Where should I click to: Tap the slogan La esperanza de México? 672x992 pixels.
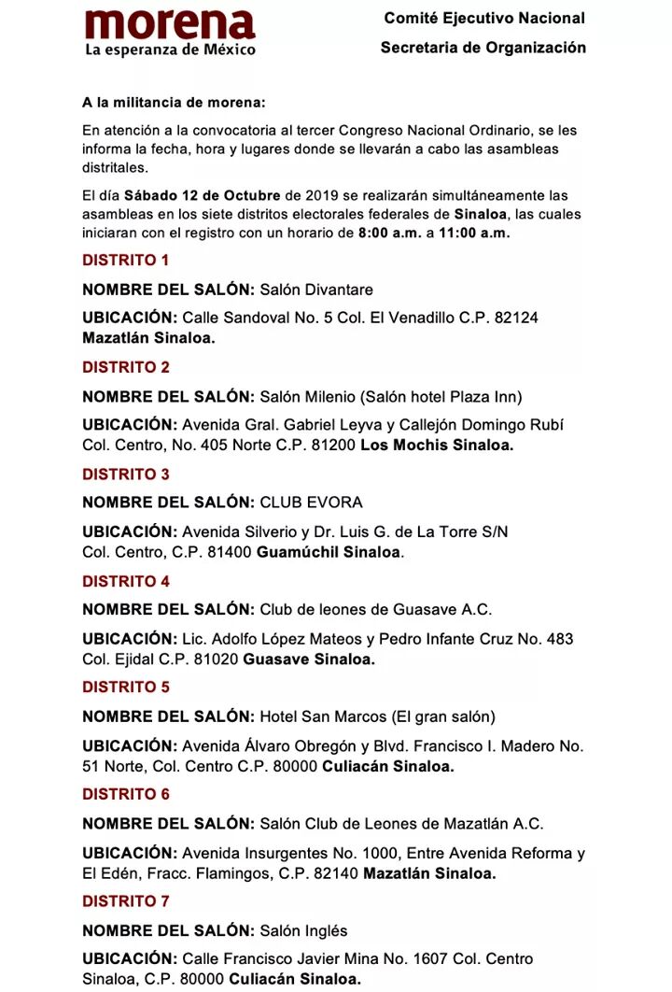pos(170,50)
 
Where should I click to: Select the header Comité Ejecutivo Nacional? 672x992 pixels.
pos(484,18)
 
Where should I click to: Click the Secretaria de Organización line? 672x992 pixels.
pos(483,48)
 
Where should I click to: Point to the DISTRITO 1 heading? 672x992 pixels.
pos(126,261)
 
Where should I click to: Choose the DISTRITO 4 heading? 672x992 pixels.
pos(126,581)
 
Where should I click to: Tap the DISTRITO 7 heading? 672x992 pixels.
pos(126,901)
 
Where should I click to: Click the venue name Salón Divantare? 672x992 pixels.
pos(316,290)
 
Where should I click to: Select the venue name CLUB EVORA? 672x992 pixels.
pos(312,503)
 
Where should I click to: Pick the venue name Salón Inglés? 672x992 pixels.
pos(303,930)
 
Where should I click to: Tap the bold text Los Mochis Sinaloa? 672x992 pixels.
pos(437,446)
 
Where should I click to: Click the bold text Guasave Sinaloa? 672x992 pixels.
pos(309,659)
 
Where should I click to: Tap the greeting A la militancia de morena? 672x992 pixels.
pos(174,102)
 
